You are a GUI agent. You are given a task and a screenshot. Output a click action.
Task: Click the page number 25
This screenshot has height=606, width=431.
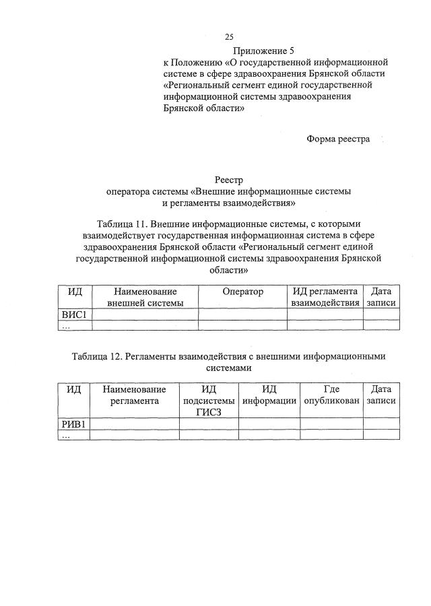[230, 37]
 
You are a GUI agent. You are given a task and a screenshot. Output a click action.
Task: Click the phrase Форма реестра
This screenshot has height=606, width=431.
[338, 139]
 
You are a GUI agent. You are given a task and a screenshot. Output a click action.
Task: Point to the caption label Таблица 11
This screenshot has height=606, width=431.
[121, 223]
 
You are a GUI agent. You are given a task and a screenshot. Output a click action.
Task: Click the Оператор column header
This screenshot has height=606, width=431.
[242, 292]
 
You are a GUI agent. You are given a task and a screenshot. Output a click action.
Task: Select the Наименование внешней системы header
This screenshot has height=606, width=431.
[145, 297]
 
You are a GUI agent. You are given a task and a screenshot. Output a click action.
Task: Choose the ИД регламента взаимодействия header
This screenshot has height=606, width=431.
[325, 297]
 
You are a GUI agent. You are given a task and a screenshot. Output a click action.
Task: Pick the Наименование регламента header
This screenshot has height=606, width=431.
[134, 395]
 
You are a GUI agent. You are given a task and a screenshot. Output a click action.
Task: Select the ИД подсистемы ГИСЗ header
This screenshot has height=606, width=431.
[209, 401]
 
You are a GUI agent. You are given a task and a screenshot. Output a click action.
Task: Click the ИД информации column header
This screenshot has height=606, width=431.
[269, 395]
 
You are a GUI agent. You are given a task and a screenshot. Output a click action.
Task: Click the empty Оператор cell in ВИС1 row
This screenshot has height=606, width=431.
[242, 314]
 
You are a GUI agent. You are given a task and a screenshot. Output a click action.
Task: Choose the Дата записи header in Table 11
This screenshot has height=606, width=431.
[381, 297]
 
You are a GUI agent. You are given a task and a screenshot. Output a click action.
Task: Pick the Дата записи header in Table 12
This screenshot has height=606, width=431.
[381, 395]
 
